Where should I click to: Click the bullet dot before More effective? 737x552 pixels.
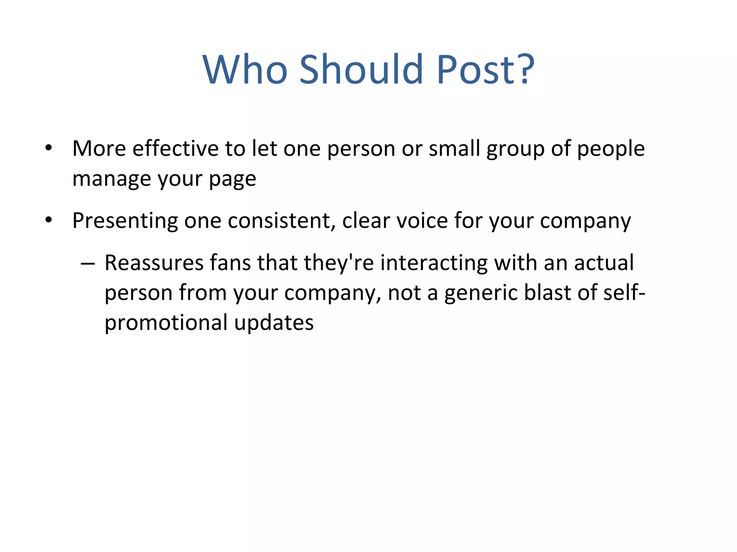[x=49, y=148]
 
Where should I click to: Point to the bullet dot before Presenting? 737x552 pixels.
[x=49, y=220]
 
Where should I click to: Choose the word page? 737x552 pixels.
[x=232, y=179]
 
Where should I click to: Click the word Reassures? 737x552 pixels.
[x=154, y=263]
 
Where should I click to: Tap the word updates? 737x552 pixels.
[x=274, y=323]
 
